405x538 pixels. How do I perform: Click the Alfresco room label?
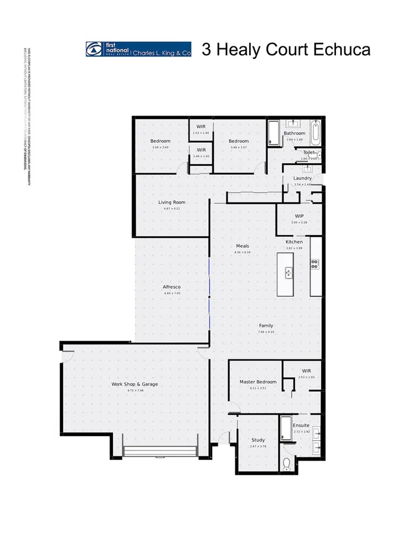(x=171, y=287)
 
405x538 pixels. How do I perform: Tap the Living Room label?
(x=172, y=202)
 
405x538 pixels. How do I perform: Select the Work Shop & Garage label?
(x=134, y=384)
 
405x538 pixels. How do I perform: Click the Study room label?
(x=258, y=440)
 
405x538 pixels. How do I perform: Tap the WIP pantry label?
(x=299, y=215)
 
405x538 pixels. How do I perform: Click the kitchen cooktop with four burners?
(x=315, y=264)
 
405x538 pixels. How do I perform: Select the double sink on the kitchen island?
(x=289, y=273)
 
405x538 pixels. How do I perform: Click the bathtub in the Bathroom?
(x=315, y=132)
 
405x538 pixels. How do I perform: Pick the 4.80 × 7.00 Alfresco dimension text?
(x=171, y=293)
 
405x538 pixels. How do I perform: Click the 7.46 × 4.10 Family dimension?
(x=266, y=332)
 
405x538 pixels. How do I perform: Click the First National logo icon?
(x=94, y=49)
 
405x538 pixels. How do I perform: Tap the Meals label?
(x=242, y=246)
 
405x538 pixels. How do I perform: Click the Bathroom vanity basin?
(x=294, y=124)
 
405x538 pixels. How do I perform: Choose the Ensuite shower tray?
(x=285, y=428)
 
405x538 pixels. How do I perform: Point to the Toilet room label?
(x=309, y=152)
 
